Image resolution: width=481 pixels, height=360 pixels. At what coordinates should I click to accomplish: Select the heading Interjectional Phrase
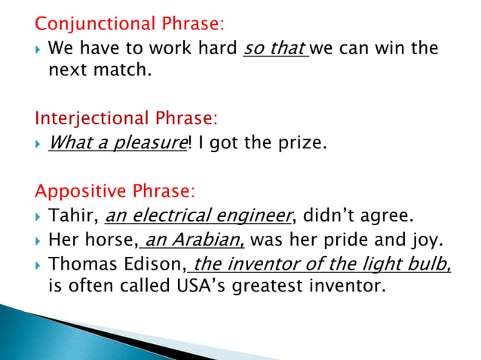click(127, 118)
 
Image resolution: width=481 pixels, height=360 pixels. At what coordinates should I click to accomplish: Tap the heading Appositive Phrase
click(115, 191)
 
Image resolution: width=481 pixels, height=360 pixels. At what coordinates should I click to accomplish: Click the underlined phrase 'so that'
click(274, 50)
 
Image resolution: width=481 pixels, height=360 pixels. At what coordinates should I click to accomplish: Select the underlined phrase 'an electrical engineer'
click(198, 217)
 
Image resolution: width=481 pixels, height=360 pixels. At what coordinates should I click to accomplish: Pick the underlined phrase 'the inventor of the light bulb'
click(321, 264)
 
